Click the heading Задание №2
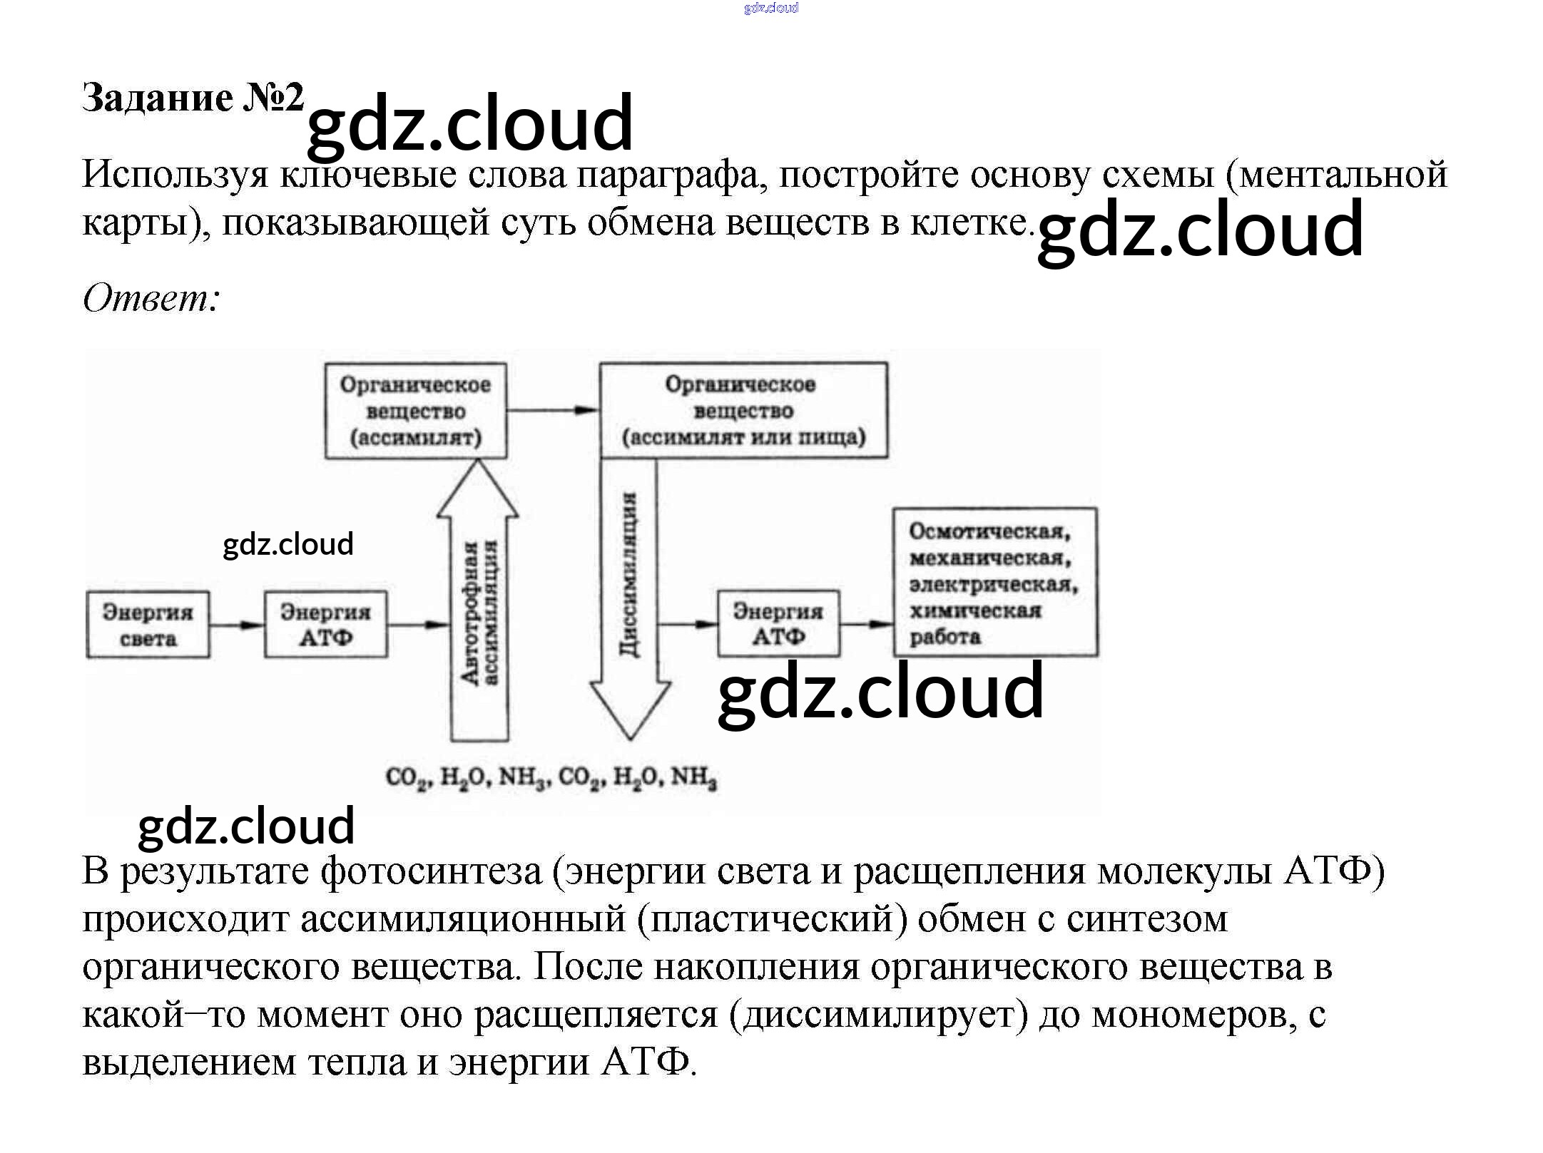[x=193, y=98]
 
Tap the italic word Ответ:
[x=151, y=297]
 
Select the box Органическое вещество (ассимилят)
[x=415, y=411]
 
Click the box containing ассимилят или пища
[x=743, y=411]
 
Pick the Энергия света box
[x=148, y=625]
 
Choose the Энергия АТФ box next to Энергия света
[x=325, y=625]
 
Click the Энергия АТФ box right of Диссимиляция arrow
[x=778, y=624]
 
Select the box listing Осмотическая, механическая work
[x=995, y=583]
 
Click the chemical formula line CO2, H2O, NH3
[x=551, y=777]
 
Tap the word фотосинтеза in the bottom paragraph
[x=432, y=871]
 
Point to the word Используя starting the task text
[x=175, y=175]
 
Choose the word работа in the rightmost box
[x=944, y=637]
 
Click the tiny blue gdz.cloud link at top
[x=770, y=8]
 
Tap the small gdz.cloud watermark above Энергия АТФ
[x=288, y=544]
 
